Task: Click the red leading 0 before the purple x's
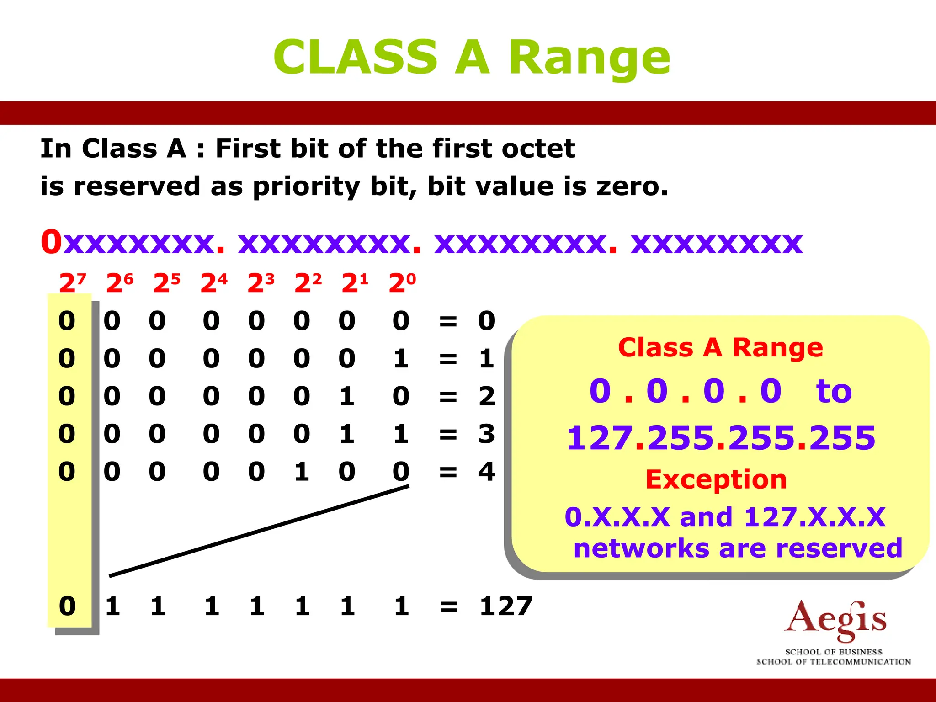coord(51,242)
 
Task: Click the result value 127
coord(506,606)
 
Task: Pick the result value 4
coord(486,471)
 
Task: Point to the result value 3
coord(486,433)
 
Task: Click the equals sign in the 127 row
coord(448,606)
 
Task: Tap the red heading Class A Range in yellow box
coord(720,347)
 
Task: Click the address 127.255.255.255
coord(721,437)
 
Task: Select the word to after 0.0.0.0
coord(834,391)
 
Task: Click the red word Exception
coord(716,479)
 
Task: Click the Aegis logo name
coord(835,619)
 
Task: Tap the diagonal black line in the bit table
coord(259,531)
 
